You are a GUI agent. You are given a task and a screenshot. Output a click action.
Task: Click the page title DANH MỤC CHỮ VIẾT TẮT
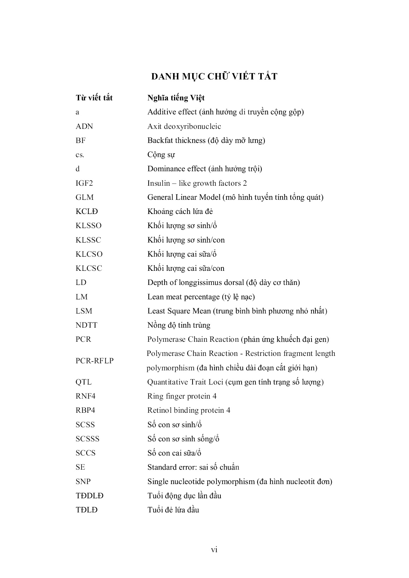click(x=214, y=76)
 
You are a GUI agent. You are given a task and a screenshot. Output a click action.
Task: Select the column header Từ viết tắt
click(x=94, y=98)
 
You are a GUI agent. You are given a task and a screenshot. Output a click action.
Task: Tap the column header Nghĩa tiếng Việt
click(x=176, y=98)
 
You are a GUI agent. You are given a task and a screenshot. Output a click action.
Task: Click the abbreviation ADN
click(x=84, y=126)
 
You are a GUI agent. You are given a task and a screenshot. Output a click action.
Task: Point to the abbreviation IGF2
click(x=84, y=183)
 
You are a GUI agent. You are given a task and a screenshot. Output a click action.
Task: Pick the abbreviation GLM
click(x=85, y=197)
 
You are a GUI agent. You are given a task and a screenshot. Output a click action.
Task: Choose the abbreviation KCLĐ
click(x=87, y=211)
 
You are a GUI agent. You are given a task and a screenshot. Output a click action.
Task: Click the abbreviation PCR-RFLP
click(x=95, y=361)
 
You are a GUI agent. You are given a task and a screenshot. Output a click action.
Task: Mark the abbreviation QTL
click(x=83, y=382)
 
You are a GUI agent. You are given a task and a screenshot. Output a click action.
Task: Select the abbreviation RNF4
click(x=85, y=396)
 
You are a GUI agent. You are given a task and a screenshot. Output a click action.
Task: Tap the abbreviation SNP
click(x=83, y=482)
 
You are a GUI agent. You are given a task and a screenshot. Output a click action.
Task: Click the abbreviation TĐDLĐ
click(x=90, y=496)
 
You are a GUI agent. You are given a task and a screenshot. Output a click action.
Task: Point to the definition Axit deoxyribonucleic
click(x=184, y=126)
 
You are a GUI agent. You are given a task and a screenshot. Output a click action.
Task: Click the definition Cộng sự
click(x=161, y=155)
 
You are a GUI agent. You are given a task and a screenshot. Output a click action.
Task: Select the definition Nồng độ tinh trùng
click(x=179, y=325)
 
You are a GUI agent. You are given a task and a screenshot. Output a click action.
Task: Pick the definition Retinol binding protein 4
click(x=189, y=410)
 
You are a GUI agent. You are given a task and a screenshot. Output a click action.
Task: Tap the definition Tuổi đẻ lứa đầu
click(x=173, y=510)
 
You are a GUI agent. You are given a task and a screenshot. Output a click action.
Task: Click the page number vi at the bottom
click(x=214, y=549)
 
